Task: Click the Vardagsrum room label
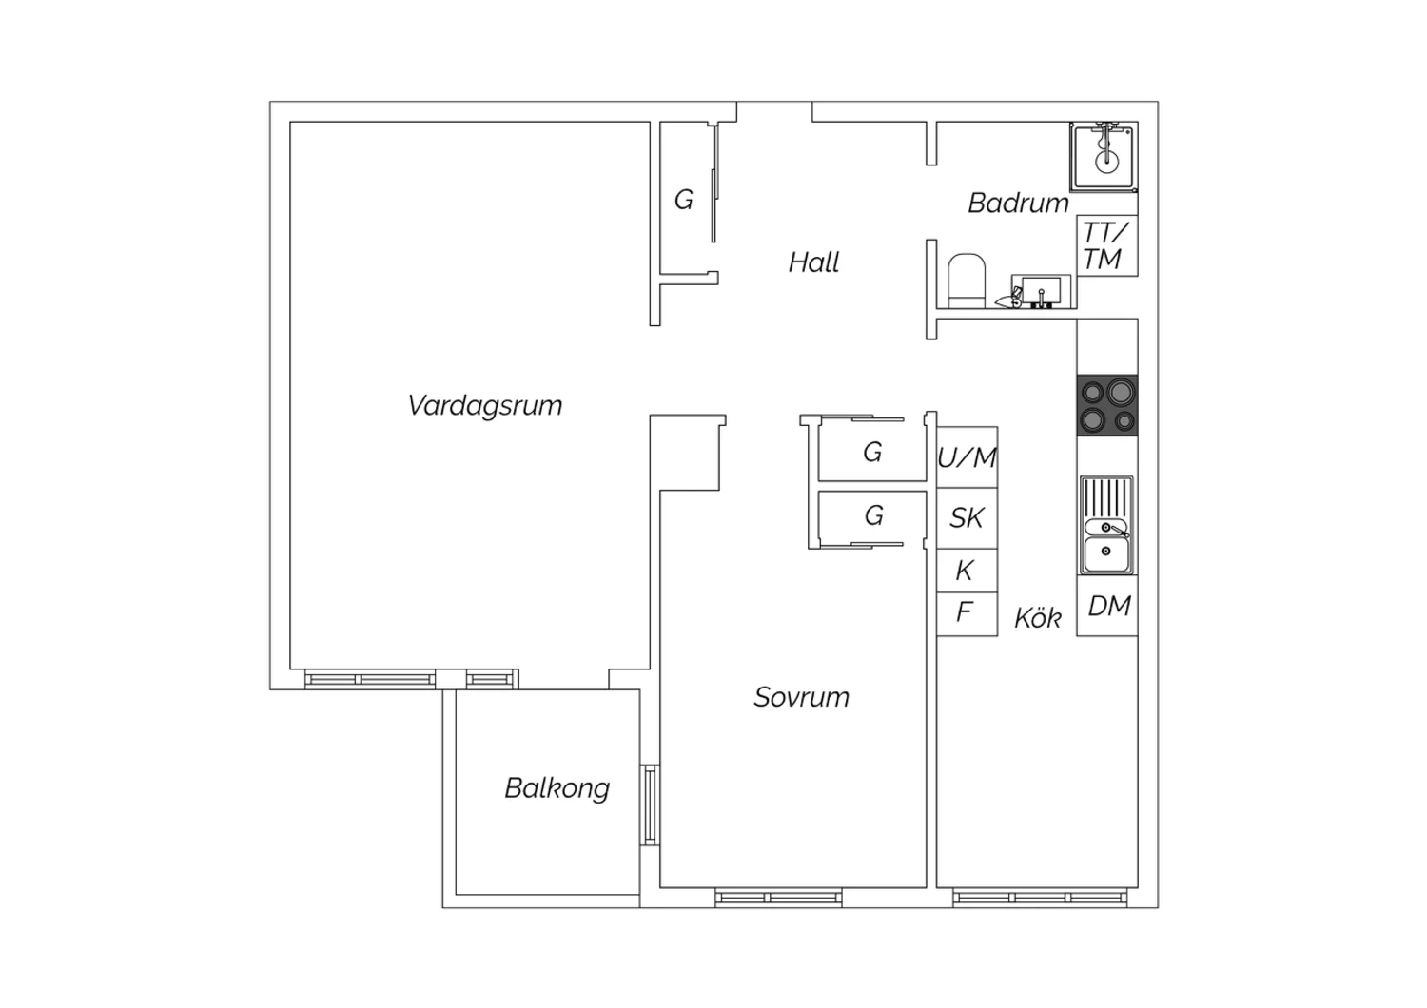[x=485, y=406]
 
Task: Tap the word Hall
[x=813, y=262]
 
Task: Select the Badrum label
[x=1018, y=204]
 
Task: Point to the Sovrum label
[x=801, y=697]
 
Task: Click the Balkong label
[x=557, y=789]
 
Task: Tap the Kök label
[x=1038, y=617]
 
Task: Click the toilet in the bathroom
[x=967, y=281]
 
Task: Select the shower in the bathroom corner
[x=1104, y=157]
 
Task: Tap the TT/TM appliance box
[x=1107, y=245]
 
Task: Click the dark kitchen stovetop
[x=1107, y=405]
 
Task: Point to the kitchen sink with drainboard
[x=1106, y=525]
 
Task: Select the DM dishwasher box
[x=1107, y=606]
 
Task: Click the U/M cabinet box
[x=968, y=457]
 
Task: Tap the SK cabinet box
[x=968, y=518]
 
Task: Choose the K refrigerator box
[x=968, y=571]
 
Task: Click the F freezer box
[x=968, y=614]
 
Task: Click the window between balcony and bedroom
[x=650, y=804]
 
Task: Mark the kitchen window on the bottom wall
[x=1040, y=898]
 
